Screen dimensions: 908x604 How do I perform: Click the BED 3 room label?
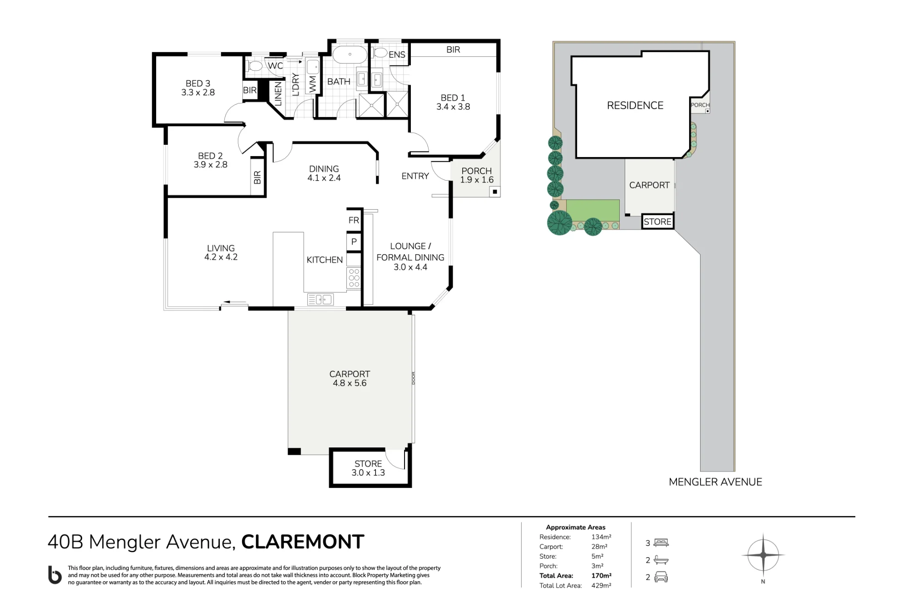coord(198,83)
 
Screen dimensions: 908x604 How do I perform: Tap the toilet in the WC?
coord(254,66)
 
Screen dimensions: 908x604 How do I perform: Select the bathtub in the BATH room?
coord(350,54)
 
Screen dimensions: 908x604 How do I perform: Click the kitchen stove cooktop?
coord(354,278)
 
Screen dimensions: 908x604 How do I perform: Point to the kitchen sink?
coord(321,299)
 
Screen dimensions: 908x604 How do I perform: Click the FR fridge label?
coord(354,221)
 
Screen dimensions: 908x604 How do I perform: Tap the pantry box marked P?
coord(354,241)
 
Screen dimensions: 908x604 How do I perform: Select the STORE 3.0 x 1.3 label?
coord(368,468)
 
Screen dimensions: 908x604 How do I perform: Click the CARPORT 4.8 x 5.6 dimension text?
coord(350,383)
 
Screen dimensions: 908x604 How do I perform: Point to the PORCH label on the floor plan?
coord(477,171)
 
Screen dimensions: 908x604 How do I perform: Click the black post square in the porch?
coord(495,192)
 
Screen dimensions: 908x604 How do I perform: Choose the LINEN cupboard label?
coord(278,93)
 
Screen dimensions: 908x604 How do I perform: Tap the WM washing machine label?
coord(312,84)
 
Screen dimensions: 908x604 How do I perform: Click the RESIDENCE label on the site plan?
coord(635,105)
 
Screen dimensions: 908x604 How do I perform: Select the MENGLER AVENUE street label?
coord(716,482)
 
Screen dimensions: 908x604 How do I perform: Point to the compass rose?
coord(763,555)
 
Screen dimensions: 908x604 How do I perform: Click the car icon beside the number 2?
coord(661,577)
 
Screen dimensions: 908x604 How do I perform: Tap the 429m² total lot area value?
coord(601,585)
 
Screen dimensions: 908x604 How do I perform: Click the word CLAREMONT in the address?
coord(303,542)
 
